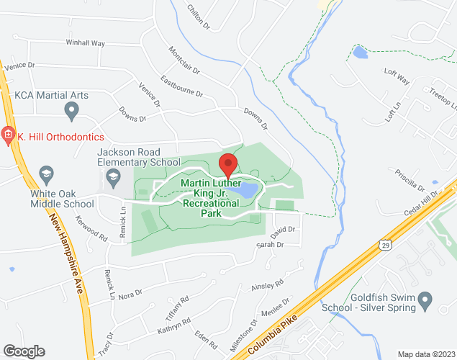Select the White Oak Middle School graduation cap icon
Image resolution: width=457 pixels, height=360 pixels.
pyautogui.click(x=47, y=174)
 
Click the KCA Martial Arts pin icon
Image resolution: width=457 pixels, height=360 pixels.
pyautogui.click(x=71, y=110)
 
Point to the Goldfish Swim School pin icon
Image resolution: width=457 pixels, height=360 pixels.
pyautogui.click(x=425, y=297)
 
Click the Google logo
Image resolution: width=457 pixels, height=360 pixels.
pyautogui.click(x=23, y=351)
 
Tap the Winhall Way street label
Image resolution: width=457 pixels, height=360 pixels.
pyautogui.click(x=85, y=43)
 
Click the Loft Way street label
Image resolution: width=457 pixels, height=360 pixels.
pyautogui.click(x=397, y=76)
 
